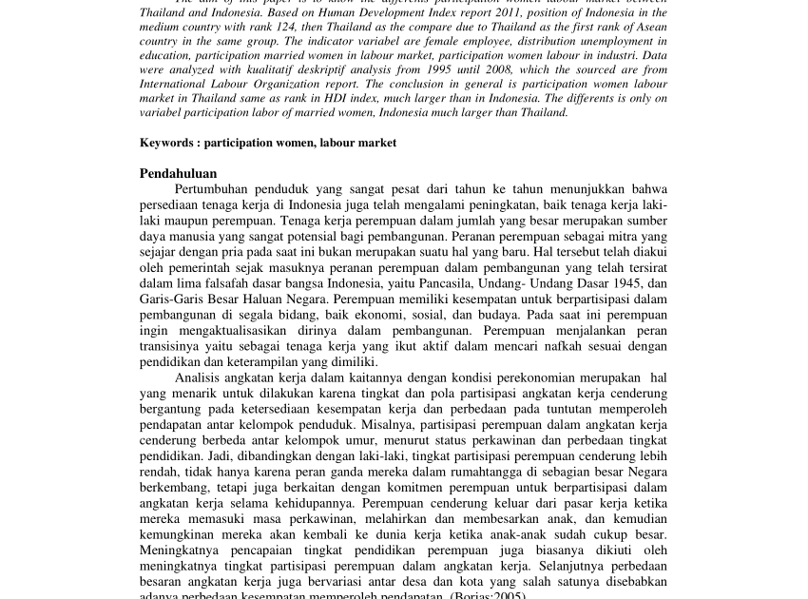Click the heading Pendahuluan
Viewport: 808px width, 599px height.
pyautogui.click(x=178, y=173)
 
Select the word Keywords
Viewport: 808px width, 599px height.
pyautogui.click(x=166, y=143)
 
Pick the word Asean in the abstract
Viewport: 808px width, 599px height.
pyautogui.click(x=651, y=27)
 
